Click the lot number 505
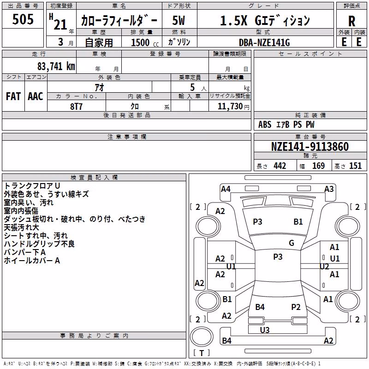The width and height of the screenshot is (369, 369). click(x=23, y=19)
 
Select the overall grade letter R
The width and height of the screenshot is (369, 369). click(x=351, y=21)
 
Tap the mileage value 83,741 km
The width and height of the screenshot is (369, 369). click(x=56, y=66)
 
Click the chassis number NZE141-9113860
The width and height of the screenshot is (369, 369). click(x=310, y=147)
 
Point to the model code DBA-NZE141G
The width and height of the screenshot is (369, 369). click(x=264, y=42)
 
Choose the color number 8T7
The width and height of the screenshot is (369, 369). click(x=76, y=107)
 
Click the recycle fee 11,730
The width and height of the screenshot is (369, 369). click(x=230, y=107)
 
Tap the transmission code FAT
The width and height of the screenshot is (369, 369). click(x=13, y=96)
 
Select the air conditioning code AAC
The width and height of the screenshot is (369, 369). click(x=36, y=96)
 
